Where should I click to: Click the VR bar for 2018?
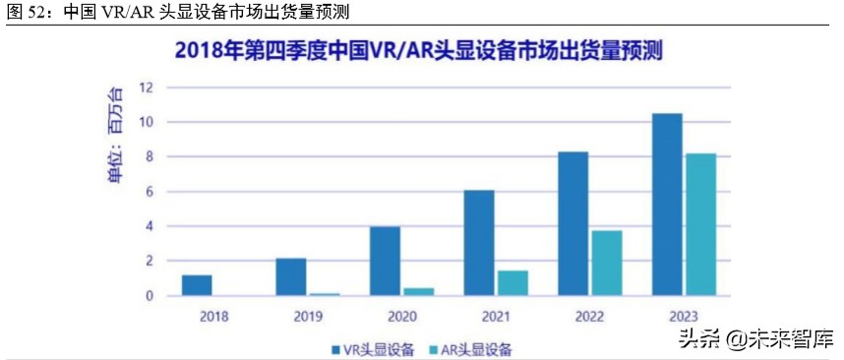click(x=197, y=285)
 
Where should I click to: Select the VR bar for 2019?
click(x=290, y=276)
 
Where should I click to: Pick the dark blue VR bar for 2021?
click(x=479, y=242)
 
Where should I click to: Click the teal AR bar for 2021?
click(x=512, y=282)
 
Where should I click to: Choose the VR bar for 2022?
click(x=573, y=223)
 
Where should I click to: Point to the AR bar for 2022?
click(x=607, y=263)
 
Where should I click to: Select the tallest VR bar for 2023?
click(x=667, y=204)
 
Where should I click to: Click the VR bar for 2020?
click(x=385, y=261)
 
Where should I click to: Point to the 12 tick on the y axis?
click(x=146, y=88)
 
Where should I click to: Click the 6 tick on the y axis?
click(x=149, y=192)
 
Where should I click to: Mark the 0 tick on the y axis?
click(x=149, y=296)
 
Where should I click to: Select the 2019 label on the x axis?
click(x=308, y=317)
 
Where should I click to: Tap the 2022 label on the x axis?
click(x=590, y=317)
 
